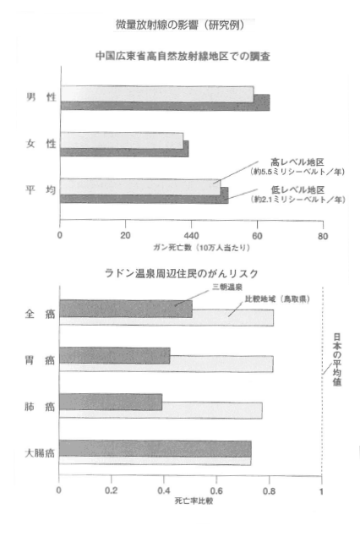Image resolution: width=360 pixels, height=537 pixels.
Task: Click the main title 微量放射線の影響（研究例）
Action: (180, 25)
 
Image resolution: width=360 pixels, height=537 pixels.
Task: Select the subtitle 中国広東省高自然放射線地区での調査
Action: (183, 56)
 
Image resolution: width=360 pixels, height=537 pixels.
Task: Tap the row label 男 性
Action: (41, 97)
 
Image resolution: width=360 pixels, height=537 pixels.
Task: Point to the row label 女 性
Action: (41, 144)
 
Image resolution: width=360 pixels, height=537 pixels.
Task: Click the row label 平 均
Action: (41, 189)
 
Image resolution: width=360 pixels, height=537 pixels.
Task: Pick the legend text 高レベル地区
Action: (297, 162)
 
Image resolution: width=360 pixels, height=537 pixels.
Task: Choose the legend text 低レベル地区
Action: (297, 189)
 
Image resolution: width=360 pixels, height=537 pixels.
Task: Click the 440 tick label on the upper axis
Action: (191, 236)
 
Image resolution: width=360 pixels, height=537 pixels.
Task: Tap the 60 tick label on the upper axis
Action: (257, 236)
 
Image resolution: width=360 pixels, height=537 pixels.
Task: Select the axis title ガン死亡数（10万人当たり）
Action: (202, 247)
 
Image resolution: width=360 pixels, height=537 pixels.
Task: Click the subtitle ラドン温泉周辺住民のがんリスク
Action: (182, 273)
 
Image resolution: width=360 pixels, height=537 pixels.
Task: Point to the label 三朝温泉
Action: (227, 288)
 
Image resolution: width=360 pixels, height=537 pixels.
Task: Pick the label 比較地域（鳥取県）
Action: (277, 299)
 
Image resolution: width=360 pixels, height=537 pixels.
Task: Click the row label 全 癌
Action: (40, 314)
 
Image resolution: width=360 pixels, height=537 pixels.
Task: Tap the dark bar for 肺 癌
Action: (111, 402)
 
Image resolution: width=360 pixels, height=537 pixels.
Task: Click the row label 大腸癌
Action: (40, 453)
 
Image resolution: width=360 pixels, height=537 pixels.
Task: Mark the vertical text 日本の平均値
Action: (337, 359)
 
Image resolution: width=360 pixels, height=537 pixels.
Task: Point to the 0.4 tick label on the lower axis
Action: (164, 490)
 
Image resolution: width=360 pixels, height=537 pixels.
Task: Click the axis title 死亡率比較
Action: (194, 501)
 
